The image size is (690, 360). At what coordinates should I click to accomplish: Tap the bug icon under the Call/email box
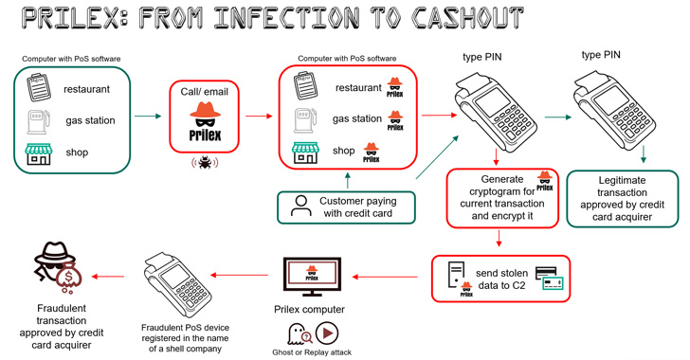pyautogui.click(x=201, y=162)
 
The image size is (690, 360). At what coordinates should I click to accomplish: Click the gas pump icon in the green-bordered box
pyautogui.click(x=36, y=122)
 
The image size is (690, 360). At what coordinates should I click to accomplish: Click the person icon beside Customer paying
pyautogui.click(x=300, y=207)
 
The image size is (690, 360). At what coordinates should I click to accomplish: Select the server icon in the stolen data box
pyautogui.click(x=455, y=275)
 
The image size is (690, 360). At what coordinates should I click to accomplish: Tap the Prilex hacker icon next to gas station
pyautogui.click(x=395, y=120)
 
